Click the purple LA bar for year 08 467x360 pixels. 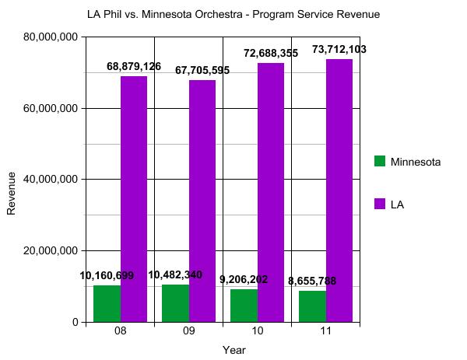(x=134, y=198)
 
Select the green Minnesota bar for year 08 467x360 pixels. (x=107, y=303)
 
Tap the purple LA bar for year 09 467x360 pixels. (x=202, y=201)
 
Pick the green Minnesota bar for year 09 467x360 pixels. (x=175, y=302)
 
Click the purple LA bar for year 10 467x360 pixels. (x=271, y=192)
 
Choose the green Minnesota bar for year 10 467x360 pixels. (x=244, y=305)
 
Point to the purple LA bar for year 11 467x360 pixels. (x=339, y=190)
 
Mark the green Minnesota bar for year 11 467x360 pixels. (x=312, y=306)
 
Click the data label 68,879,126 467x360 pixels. (x=134, y=67)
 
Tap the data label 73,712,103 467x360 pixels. (x=339, y=50)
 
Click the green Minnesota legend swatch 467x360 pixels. (x=380, y=161)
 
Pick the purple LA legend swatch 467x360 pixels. (x=380, y=204)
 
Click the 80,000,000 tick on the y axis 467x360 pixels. (x=51, y=37)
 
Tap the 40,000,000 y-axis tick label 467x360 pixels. (x=51, y=180)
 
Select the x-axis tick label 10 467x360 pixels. (x=257, y=332)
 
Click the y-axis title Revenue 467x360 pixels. (x=12, y=193)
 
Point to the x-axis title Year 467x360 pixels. (x=233, y=350)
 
